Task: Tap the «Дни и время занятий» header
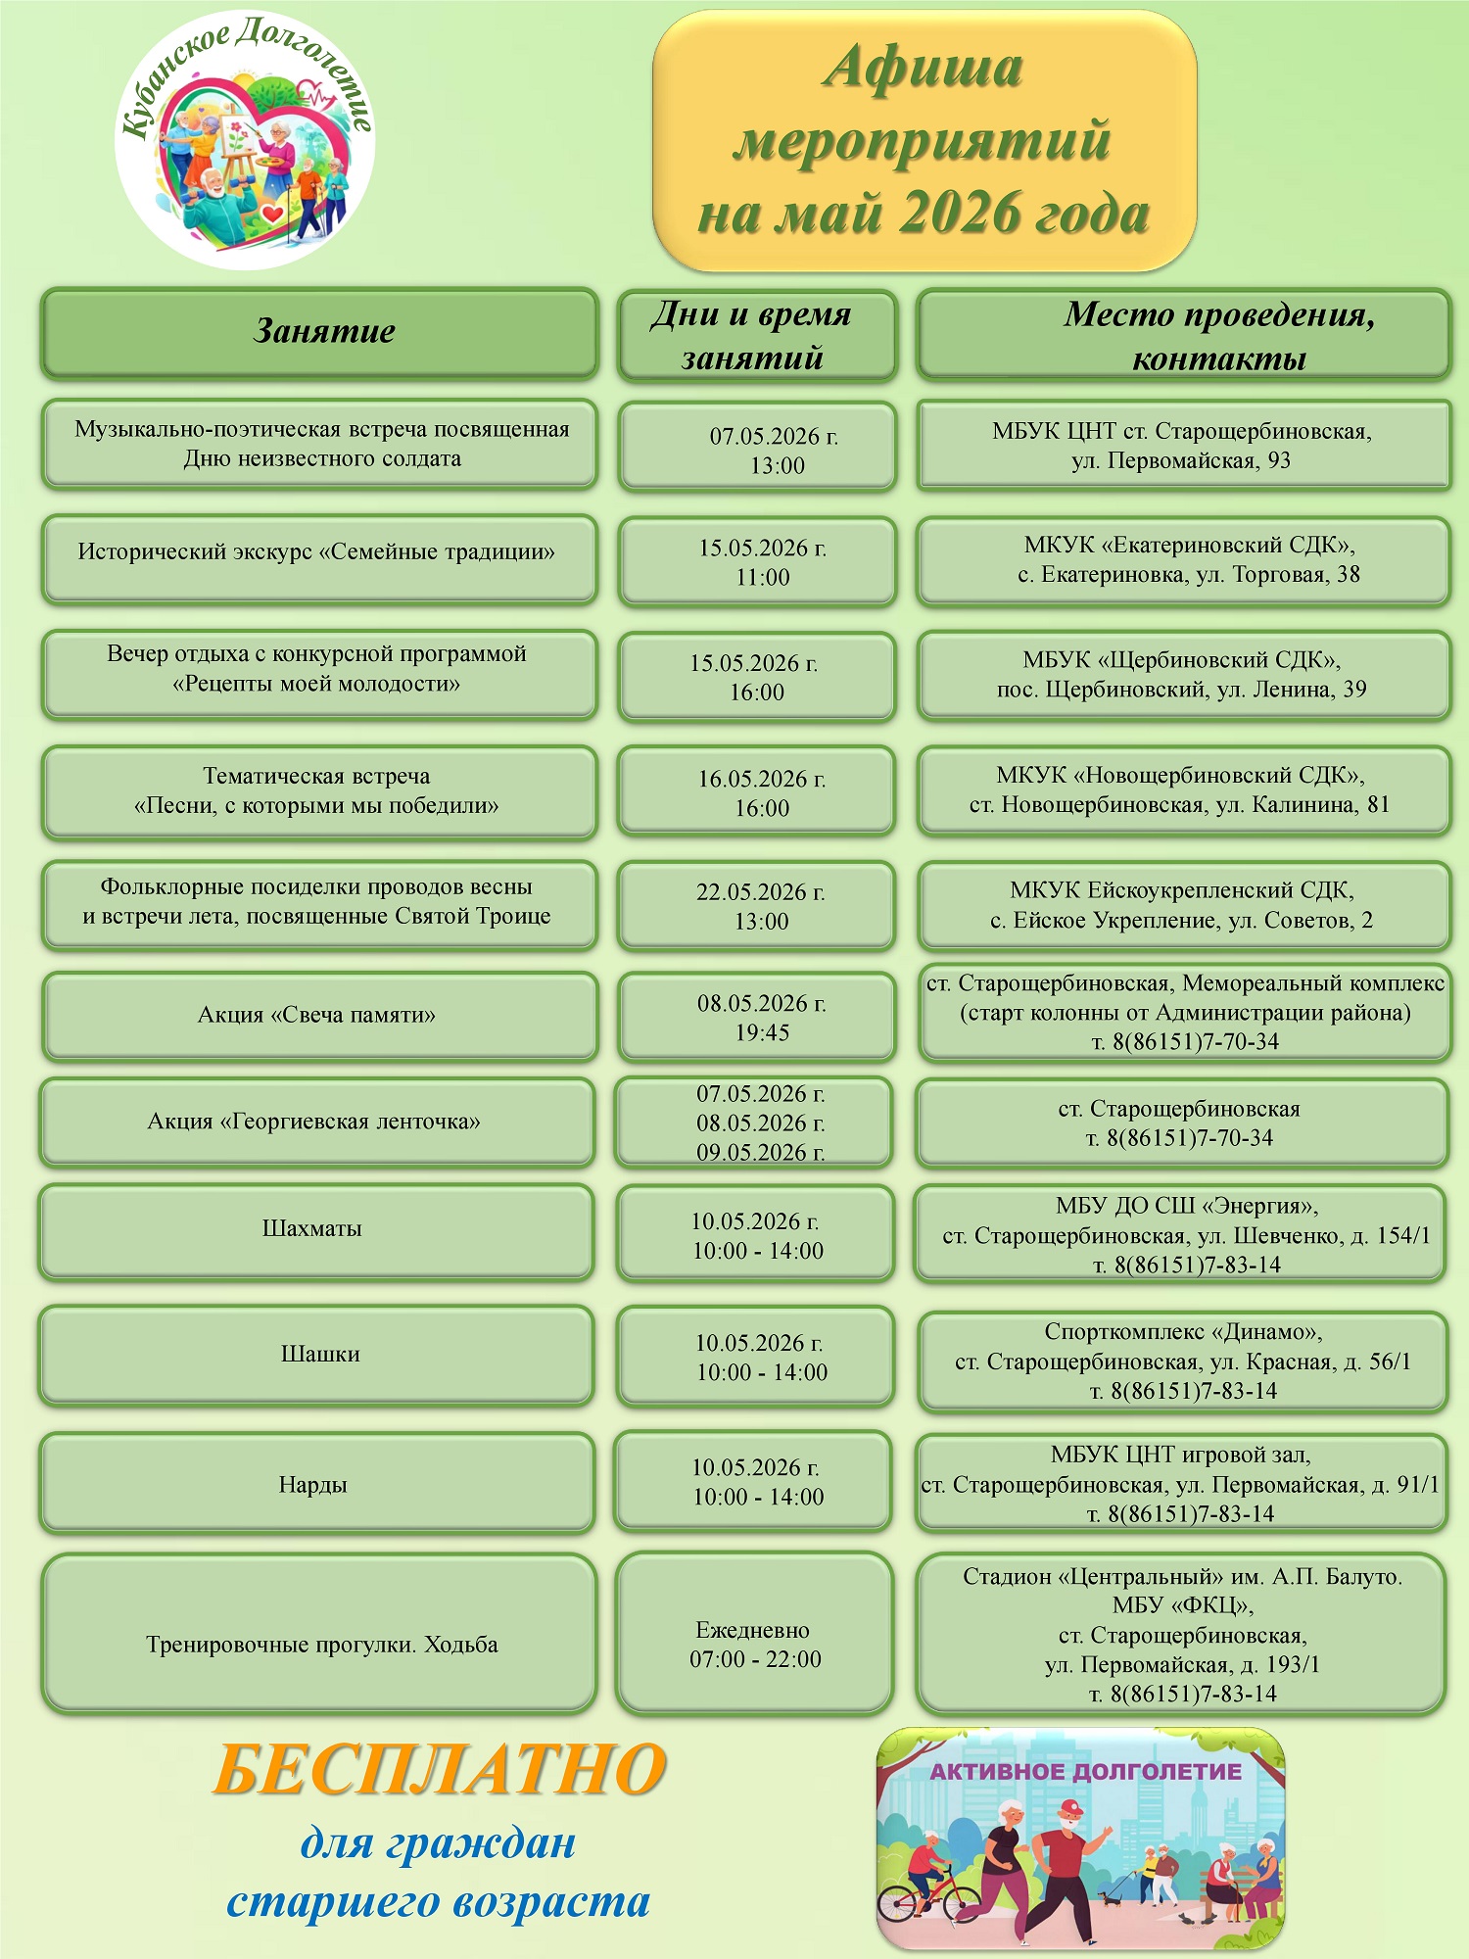pos(756,336)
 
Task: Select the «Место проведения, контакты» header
pos(1183,336)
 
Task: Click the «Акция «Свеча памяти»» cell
pos(319,1016)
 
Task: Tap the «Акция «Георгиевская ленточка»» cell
pos(315,1123)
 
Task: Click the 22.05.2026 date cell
pos(758,906)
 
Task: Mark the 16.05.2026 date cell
pos(758,793)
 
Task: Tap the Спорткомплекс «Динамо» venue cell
pos(1183,1362)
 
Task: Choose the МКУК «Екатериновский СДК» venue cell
pos(1183,560)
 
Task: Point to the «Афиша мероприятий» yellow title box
pos(924,141)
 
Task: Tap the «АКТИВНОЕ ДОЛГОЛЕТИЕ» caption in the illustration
pos(1085,1771)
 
